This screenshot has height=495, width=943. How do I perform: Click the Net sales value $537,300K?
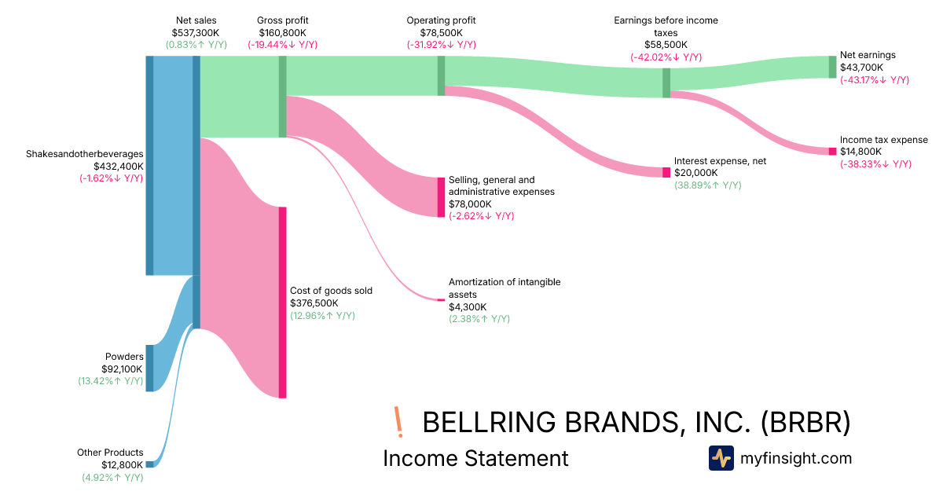point(196,33)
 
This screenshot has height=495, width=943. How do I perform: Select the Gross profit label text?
point(282,20)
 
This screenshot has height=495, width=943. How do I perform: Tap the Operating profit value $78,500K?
point(441,33)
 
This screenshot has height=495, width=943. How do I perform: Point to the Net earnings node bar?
point(832,67)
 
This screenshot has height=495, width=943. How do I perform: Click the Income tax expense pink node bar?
point(832,151)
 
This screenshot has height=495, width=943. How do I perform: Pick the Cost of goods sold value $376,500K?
point(314,302)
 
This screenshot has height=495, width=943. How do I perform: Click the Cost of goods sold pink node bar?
point(282,302)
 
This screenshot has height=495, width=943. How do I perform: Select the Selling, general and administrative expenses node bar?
point(441,197)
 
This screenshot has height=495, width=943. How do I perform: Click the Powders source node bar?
point(149,368)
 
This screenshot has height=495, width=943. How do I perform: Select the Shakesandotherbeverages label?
point(85,154)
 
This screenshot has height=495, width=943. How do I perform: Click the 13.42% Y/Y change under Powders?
point(105,381)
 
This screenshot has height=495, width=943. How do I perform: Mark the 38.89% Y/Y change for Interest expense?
point(707,185)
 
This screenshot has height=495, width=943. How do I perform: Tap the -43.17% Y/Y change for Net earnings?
point(874,80)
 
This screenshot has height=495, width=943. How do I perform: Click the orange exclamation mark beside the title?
point(399,422)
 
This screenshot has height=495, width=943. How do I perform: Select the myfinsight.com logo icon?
point(721,458)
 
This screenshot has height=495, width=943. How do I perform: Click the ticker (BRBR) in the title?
point(805,422)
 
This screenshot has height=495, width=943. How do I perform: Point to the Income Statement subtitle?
point(475,458)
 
